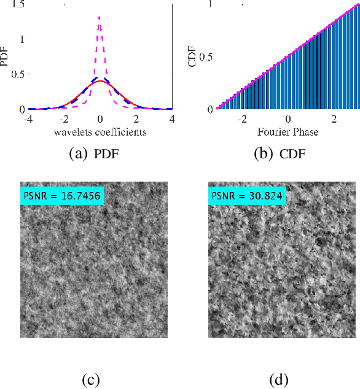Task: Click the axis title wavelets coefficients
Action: [100, 132]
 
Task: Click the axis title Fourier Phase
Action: [288, 132]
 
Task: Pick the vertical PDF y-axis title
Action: [6, 57]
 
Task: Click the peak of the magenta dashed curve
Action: [99, 17]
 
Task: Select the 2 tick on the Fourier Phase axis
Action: [334, 119]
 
